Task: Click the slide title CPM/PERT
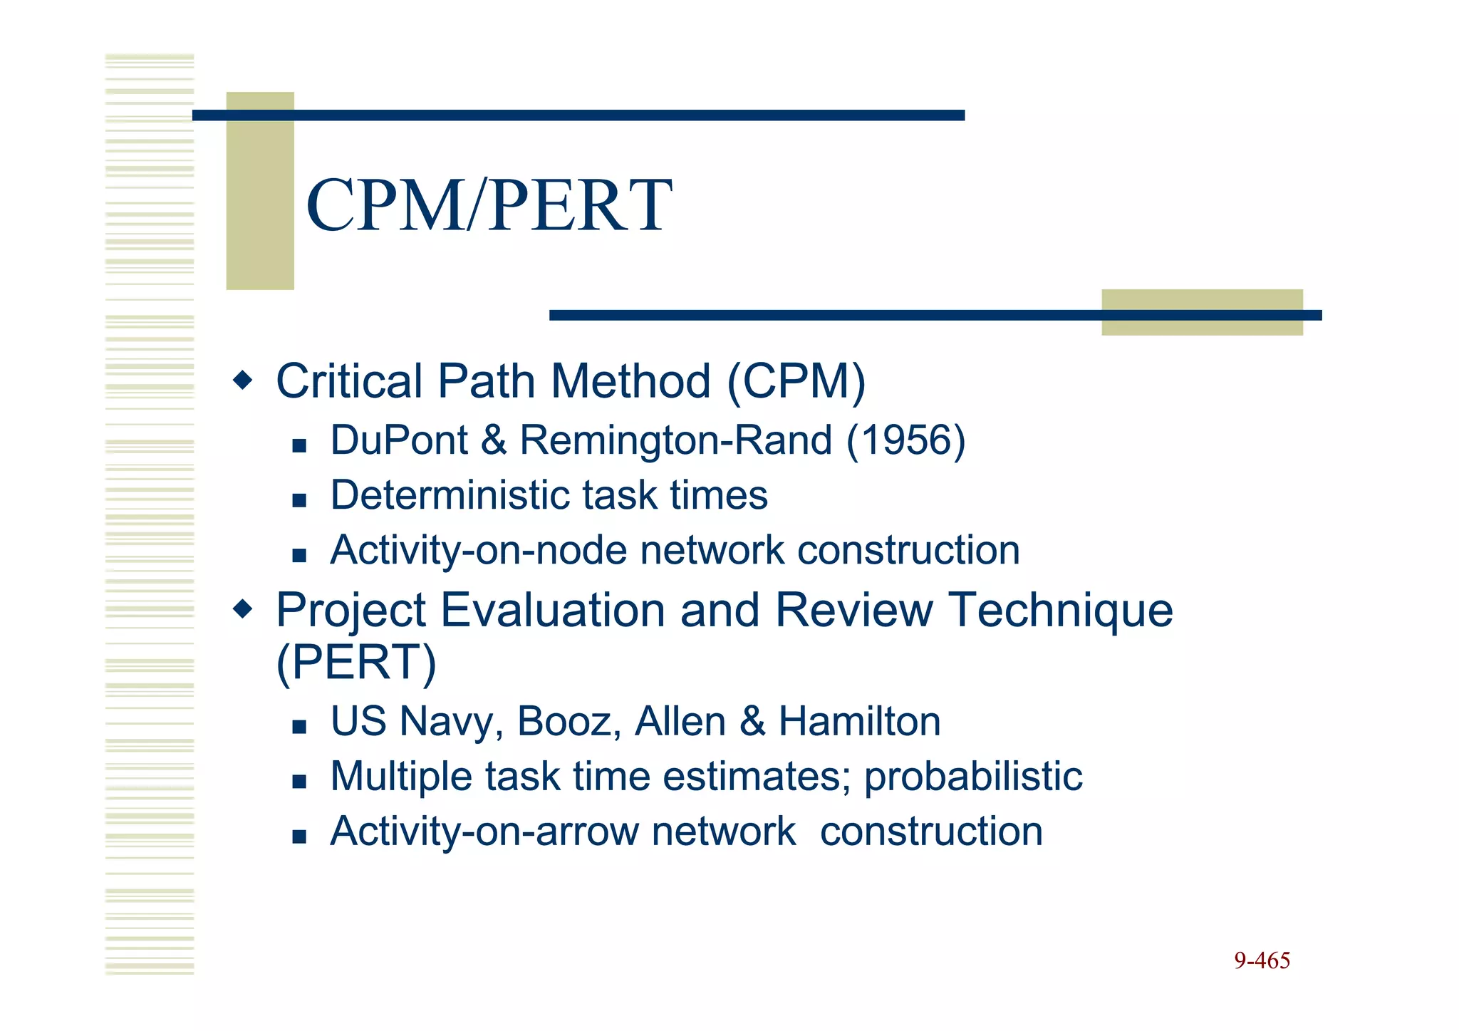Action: (489, 206)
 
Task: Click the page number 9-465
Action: (1262, 960)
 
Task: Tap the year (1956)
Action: (905, 440)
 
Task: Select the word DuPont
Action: (399, 440)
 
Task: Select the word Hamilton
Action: (859, 721)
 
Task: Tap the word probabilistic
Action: (972, 776)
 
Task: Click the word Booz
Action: (564, 721)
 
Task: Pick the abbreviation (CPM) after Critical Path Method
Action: (796, 381)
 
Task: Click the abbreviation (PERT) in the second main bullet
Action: (355, 663)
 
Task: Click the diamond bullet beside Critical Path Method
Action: (243, 380)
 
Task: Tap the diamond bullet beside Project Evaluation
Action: (243, 609)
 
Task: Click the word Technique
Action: (1061, 610)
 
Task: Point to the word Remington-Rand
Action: (675, 440)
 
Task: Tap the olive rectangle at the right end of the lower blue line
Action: (1202, 312)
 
